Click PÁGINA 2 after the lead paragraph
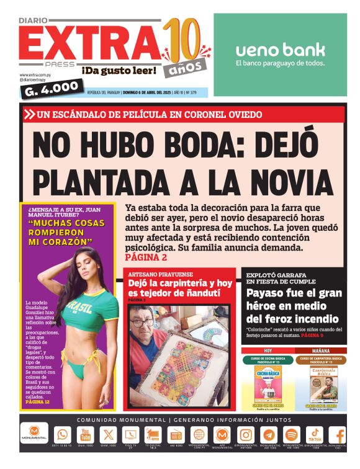(x=146, y=257)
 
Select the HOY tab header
(x=268, y=351)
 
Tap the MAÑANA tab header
(x=320, y=351)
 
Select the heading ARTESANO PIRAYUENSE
(x=161, y=274)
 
